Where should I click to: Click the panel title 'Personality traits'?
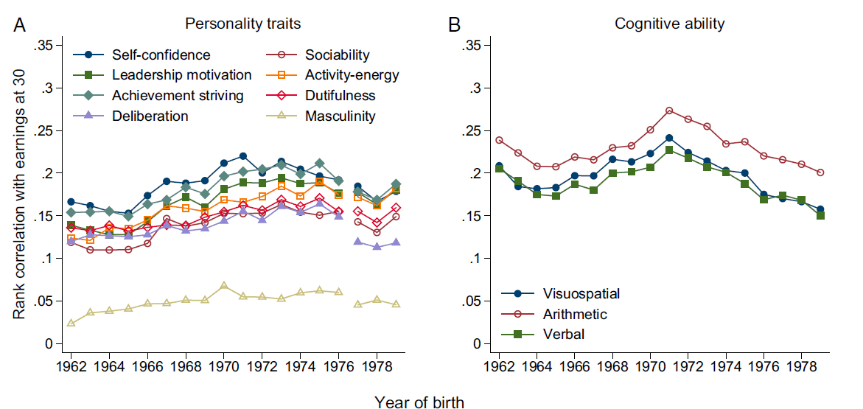pos(242,24)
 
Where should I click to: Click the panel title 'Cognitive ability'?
pos(669,24)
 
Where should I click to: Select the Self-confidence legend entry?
pos(161,55)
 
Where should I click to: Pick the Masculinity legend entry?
pos(340,116)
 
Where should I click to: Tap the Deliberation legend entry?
pos(150,116)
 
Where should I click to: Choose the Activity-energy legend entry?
pos(352,75)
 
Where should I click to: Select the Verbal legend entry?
pos(564,334)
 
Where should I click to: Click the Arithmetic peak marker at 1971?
pos(669,111)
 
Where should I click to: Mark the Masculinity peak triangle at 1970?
pos(224,285)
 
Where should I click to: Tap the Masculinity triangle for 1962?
pos(71,323)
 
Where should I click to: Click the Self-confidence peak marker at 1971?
pos(242,156)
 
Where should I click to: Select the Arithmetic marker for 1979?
pos(820,172)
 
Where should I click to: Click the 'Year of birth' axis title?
pos(419,402)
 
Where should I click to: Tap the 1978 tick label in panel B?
pos(800,366)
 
